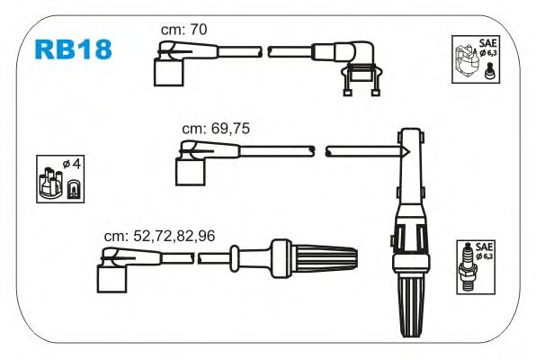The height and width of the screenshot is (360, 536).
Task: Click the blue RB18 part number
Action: pos(73,49)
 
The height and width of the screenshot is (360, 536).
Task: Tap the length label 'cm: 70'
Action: pos(183,30)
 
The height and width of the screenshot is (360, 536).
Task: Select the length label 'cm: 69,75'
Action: pos(216,129)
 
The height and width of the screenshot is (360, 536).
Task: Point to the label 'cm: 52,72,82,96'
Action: pos(159,236)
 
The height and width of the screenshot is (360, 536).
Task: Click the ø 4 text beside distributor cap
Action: pos(71,164)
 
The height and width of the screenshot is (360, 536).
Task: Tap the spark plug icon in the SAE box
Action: pos(468,267)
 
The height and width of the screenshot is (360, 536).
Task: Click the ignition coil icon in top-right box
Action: pos(466,60)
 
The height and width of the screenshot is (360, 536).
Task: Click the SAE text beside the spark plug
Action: pos(485,247)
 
